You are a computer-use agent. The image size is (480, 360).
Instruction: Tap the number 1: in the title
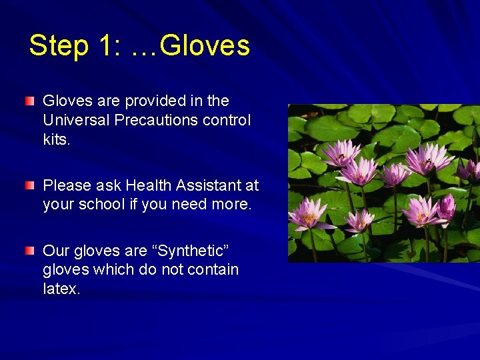pyautogui.click(x=107, y=45)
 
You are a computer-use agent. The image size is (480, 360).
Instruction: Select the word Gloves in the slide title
pyautogui.click(x=205, y=45)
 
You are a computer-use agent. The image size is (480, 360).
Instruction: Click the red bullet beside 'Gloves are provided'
pyautogui.click(x=30, y=101)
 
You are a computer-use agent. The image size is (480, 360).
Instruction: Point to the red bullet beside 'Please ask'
pyautogui.click(x=30, y=185)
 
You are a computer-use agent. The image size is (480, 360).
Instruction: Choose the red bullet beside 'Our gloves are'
pyautogui.click(x=30, y=251)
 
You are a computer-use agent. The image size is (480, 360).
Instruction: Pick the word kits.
pyautogui.click(x=57, y=139)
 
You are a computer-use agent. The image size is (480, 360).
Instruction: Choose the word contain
pyautogui.click(x=212, y=269)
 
